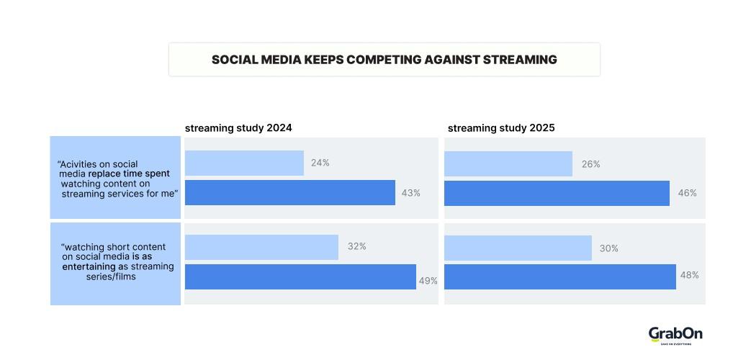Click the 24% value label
(320, 163)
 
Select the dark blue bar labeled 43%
(289, 192)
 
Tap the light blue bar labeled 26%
(508, 163)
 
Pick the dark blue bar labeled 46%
(557, 192)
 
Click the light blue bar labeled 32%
(261, 247)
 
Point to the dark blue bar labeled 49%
(300, 276)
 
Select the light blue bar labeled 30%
(518, 247)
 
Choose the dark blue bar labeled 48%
(559, 276)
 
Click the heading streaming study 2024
(238, 128)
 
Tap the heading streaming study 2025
(501, 128)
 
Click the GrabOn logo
(675, 335)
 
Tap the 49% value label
(428, 281)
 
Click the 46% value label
(687, 193)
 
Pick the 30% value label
(609, 248)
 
